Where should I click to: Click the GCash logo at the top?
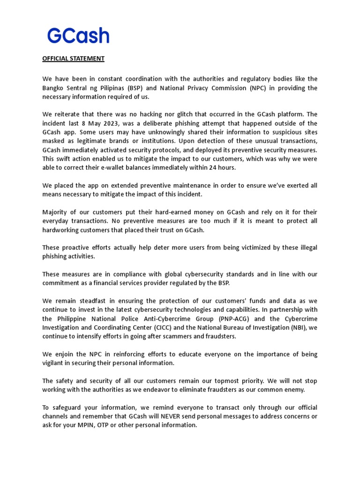click(78, 36)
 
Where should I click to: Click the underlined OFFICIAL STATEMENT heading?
click(73, 59)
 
